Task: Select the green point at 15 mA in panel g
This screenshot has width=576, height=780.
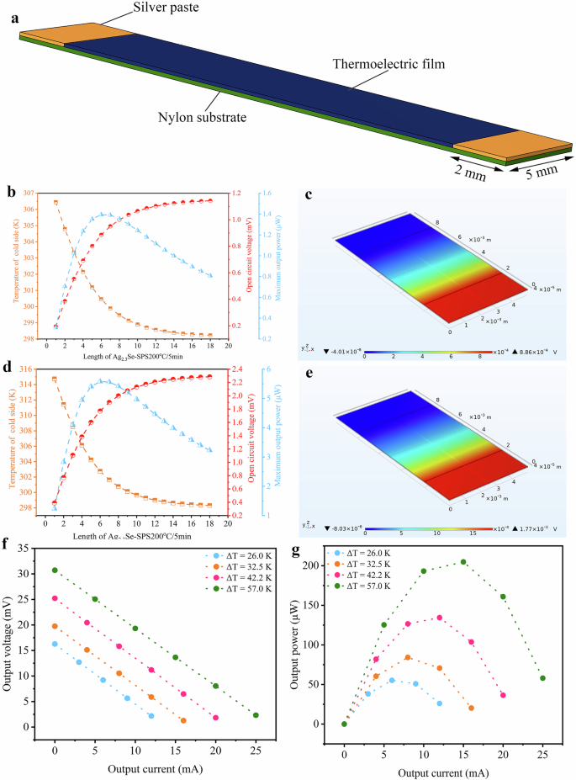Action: click(463, 562)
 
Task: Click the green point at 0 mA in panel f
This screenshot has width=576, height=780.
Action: click(55, 570)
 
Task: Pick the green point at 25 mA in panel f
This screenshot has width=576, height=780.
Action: click(256, 715)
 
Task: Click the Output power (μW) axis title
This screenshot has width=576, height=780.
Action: click(296, 644)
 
